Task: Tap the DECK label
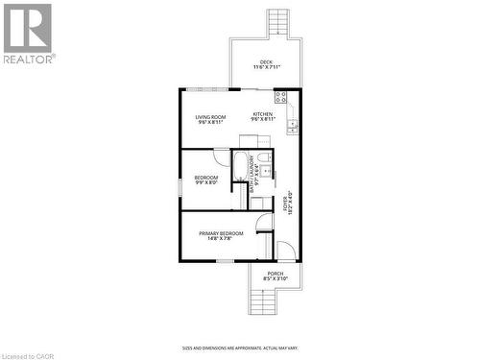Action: (266, 62)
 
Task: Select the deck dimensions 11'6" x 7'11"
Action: (266, 68)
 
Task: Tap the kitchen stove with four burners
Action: (281, 97)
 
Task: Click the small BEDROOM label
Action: (206, 177)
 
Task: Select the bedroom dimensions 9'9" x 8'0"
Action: (206, 182)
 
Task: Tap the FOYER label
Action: (286, 204)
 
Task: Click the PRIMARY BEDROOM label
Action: (221, 232)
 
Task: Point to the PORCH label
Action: (276, 273)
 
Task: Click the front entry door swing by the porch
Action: (286, 252)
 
